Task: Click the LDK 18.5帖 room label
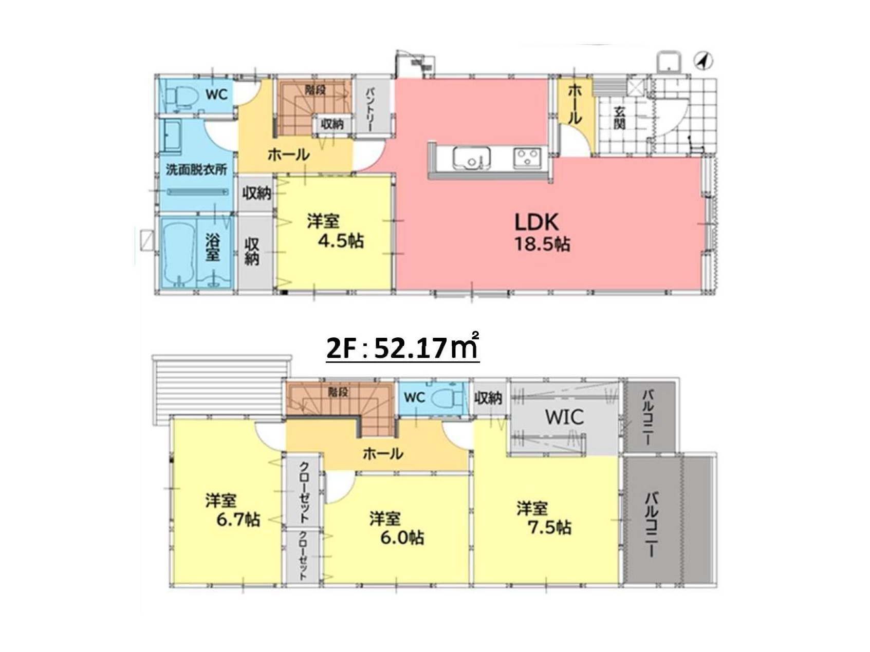542,232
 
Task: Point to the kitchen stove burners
527,157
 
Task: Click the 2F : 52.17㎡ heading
402,348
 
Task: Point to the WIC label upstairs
564,416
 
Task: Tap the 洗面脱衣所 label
196,170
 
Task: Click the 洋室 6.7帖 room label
232,510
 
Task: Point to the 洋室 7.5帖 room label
544,517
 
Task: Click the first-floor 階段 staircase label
316,90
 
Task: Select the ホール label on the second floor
383,453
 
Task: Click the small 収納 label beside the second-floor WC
488,397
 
